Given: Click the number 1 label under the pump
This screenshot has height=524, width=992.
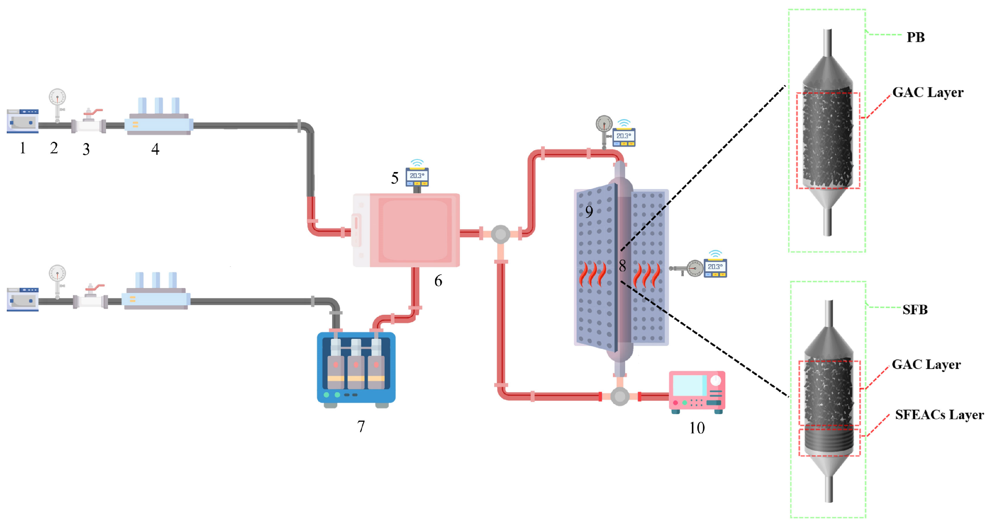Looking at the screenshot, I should (23, 148).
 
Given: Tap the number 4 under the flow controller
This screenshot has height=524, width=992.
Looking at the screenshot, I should (155, 149).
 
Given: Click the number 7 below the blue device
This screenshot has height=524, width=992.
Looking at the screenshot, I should (361, 426).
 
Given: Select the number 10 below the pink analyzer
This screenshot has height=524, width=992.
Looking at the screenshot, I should (697, 428).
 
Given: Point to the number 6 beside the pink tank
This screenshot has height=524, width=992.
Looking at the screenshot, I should (438, 281).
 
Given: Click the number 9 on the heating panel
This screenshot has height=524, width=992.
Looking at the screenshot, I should (589, 212).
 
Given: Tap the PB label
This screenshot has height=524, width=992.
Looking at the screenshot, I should (915, 37).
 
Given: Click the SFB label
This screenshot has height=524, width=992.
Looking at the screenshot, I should (915, 310).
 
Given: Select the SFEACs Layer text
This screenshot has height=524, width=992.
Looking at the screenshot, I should (939, 415).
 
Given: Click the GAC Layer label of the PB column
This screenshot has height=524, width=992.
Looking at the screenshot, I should (928, 93).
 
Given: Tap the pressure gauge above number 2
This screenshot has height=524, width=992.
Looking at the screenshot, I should (57, 98).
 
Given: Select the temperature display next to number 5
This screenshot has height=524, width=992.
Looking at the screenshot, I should (417, 176).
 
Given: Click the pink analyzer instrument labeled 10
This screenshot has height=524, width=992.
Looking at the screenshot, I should (697, 391).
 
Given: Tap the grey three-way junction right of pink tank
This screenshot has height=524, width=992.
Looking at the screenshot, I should (500, 234).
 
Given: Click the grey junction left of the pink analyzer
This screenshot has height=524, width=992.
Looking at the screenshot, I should (620, 396).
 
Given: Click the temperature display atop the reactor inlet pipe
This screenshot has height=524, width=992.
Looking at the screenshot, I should (624, 136).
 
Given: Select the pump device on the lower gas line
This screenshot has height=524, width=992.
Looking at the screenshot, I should (23, 299).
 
